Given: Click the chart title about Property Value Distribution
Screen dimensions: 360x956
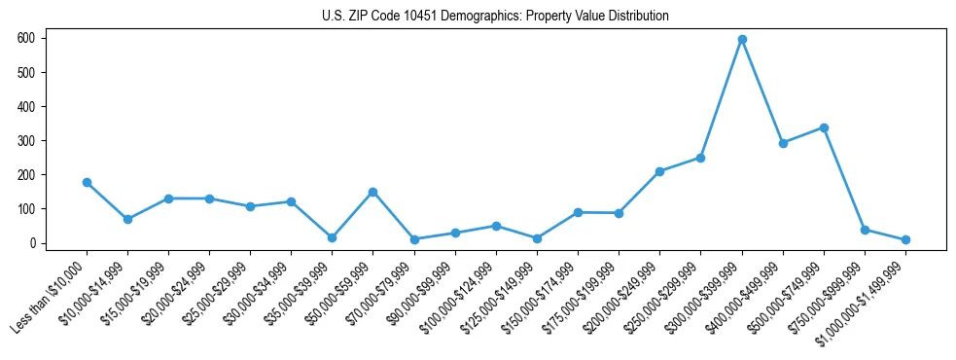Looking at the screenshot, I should coord(495,17).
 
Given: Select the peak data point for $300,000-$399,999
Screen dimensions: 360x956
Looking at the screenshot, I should coord(742,39).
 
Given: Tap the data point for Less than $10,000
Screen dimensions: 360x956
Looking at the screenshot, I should coord(87,182).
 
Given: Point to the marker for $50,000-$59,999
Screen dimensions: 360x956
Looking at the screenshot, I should coord(372,192).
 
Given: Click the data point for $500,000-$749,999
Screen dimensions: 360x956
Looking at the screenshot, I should coord(824,127).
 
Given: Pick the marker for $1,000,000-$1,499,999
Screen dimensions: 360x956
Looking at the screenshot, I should coord(905,239).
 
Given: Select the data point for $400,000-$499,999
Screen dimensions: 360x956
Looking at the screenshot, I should coord(783,143).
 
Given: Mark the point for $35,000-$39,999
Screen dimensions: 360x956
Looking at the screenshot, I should coord(332,237).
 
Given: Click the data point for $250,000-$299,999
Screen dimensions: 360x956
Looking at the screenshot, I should coord(700,158).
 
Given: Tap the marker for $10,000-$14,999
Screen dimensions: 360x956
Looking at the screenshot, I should coord(127,219).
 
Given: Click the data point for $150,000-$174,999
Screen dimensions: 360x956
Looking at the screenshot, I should coord(578,212).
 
